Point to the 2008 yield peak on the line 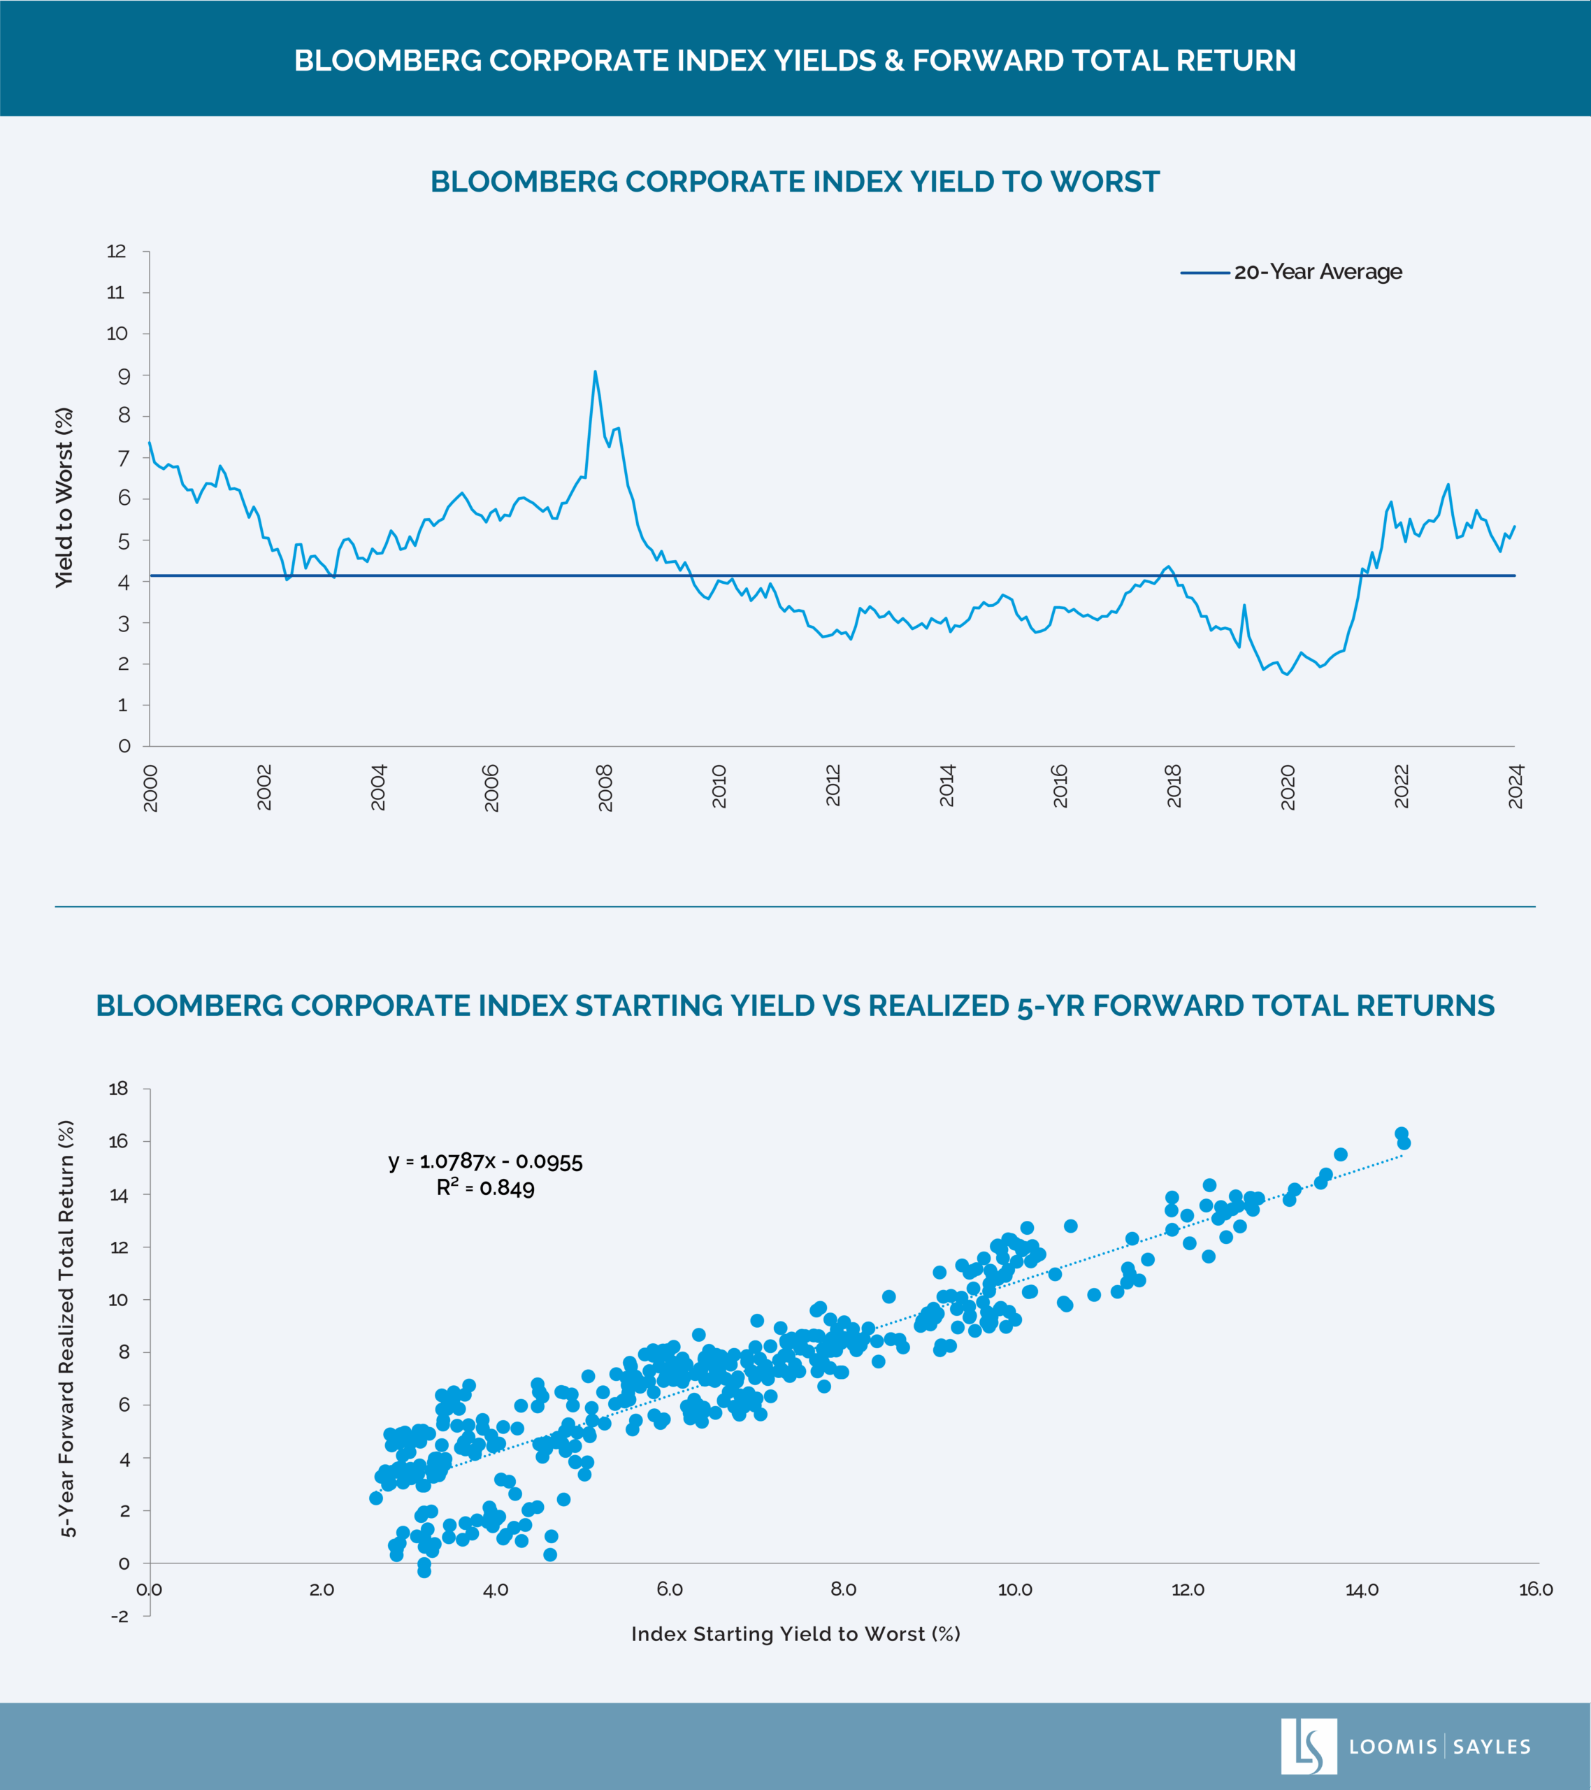click(x=596, y=372)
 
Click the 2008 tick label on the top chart click(x=605, y=787)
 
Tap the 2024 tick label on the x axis click(x=1516, y=787)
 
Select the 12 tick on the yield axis click(x=117, y=251)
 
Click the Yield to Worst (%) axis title click(x=64, y=497)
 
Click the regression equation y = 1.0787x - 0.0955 click(x=485, y=1161)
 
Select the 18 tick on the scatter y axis click(x=117, y=1089)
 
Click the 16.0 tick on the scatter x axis click(x=1535, y=1589)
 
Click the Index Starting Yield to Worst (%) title click(x=795, y=1634)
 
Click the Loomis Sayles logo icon click(x=1308, y=1746)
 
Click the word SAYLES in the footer click(x=1491, y=1747)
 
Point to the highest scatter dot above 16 click(x=1401, y=1133)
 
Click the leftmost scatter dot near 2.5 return click(x=375, y=1498)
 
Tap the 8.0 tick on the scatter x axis click(x=842, y=1589)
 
